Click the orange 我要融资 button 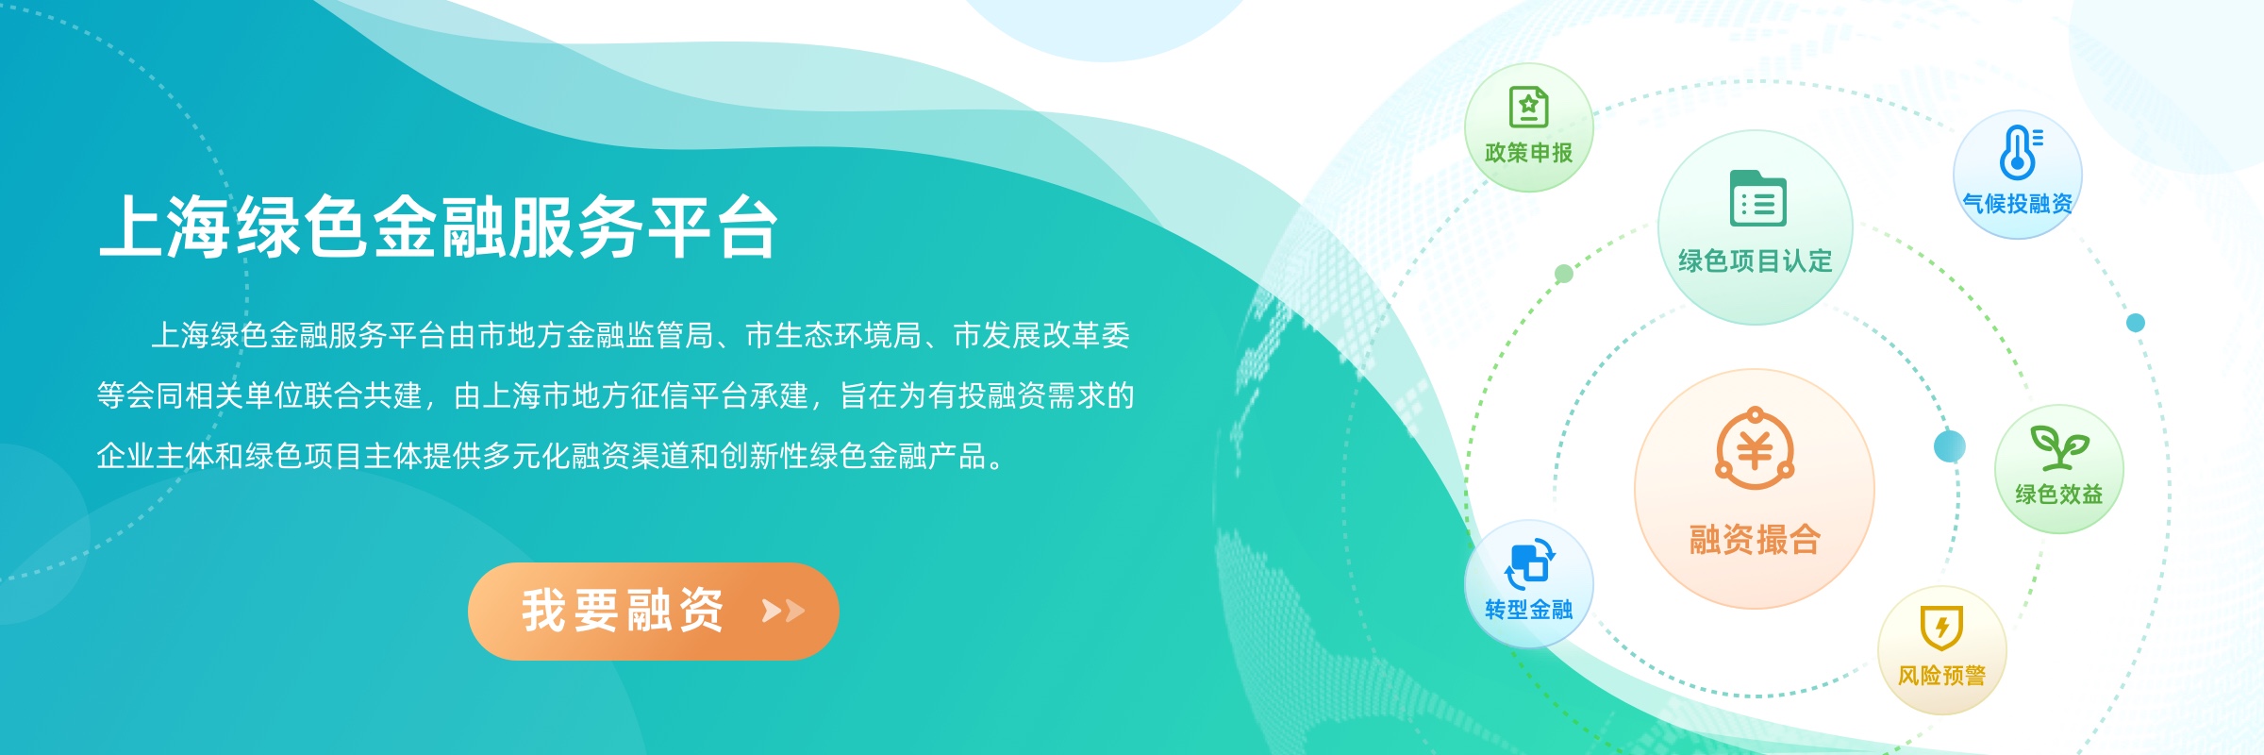pos(653,611)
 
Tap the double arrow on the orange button pos(783,612)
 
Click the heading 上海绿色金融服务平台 pos(439,227)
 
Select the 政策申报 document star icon pos(1528,107)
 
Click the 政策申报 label pos(1528,153)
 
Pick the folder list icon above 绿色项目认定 pos(1757,199)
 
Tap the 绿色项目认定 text pos(1755,260)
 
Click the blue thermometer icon pos(2019,152)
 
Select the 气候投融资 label pos(2017,204)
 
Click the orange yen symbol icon pos(1755,449)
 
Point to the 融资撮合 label pos(1755,540)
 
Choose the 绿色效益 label pos(2059,495)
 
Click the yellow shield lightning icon pos(1941,628)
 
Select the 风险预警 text pos(1941,676)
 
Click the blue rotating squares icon pos(1529,563)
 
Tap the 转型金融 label pos(1528,610)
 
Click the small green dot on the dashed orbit pos(1563,274)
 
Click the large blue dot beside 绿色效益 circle pos(1949,445)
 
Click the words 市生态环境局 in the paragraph pos(833,336)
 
